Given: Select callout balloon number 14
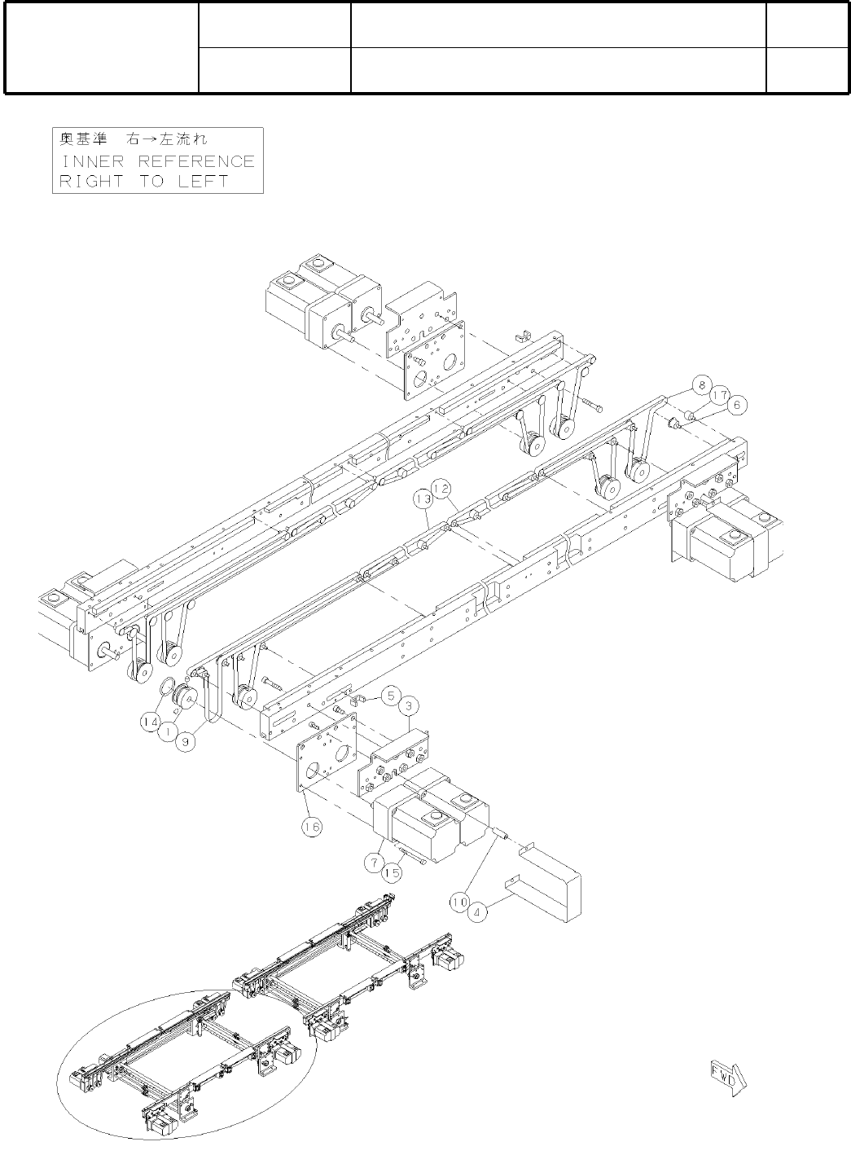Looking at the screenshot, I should pos(150,722).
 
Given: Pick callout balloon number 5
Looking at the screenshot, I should pos(392,696).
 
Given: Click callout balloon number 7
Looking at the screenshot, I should pos(375,860).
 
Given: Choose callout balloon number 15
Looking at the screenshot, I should pos(393,872).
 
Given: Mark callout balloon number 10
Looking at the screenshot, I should pos(459,902).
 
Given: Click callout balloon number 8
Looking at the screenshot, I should pos(700,384).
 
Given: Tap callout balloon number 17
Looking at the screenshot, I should pos(717,393).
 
